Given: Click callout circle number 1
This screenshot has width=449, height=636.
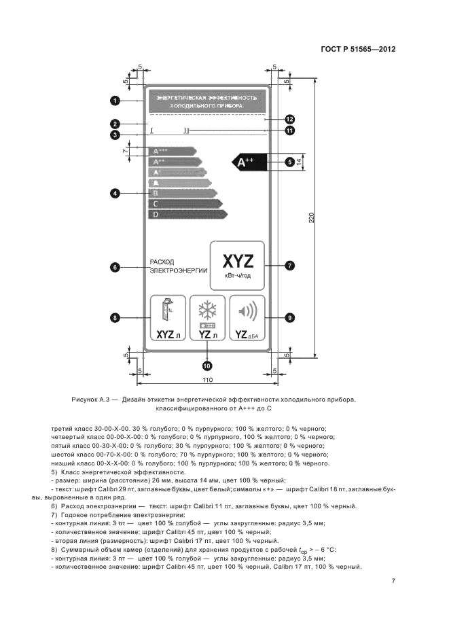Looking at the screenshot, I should [115, 101].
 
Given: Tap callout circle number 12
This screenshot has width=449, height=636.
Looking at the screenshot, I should [289, 118].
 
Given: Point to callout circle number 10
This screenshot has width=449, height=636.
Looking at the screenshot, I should [206, 365].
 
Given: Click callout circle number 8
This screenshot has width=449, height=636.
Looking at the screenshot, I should [115, 317].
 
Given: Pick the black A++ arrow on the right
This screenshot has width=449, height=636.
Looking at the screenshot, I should [248, 162].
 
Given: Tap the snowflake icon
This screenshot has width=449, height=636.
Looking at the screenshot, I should [206, 311].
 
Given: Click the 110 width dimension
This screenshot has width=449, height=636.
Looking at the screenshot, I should [207, 378].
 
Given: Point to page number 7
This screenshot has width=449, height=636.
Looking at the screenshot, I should [393, 581].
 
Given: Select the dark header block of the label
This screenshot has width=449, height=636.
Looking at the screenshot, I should [206, 102].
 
